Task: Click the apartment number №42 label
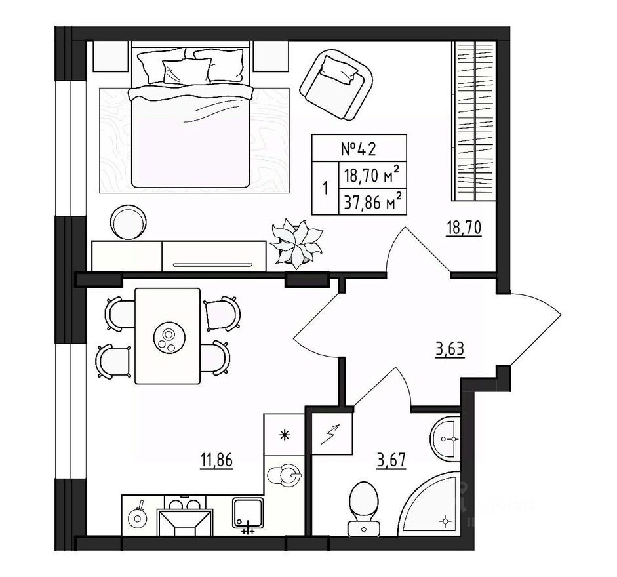tap(358, 149)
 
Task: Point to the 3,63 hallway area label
tap(450, 349)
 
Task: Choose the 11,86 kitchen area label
tap(216, 458)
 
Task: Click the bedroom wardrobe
tap(474, 121)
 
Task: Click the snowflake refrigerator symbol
tap(284, 434)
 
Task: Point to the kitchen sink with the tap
tap(249, 515)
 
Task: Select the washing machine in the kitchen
tap(285, 473)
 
